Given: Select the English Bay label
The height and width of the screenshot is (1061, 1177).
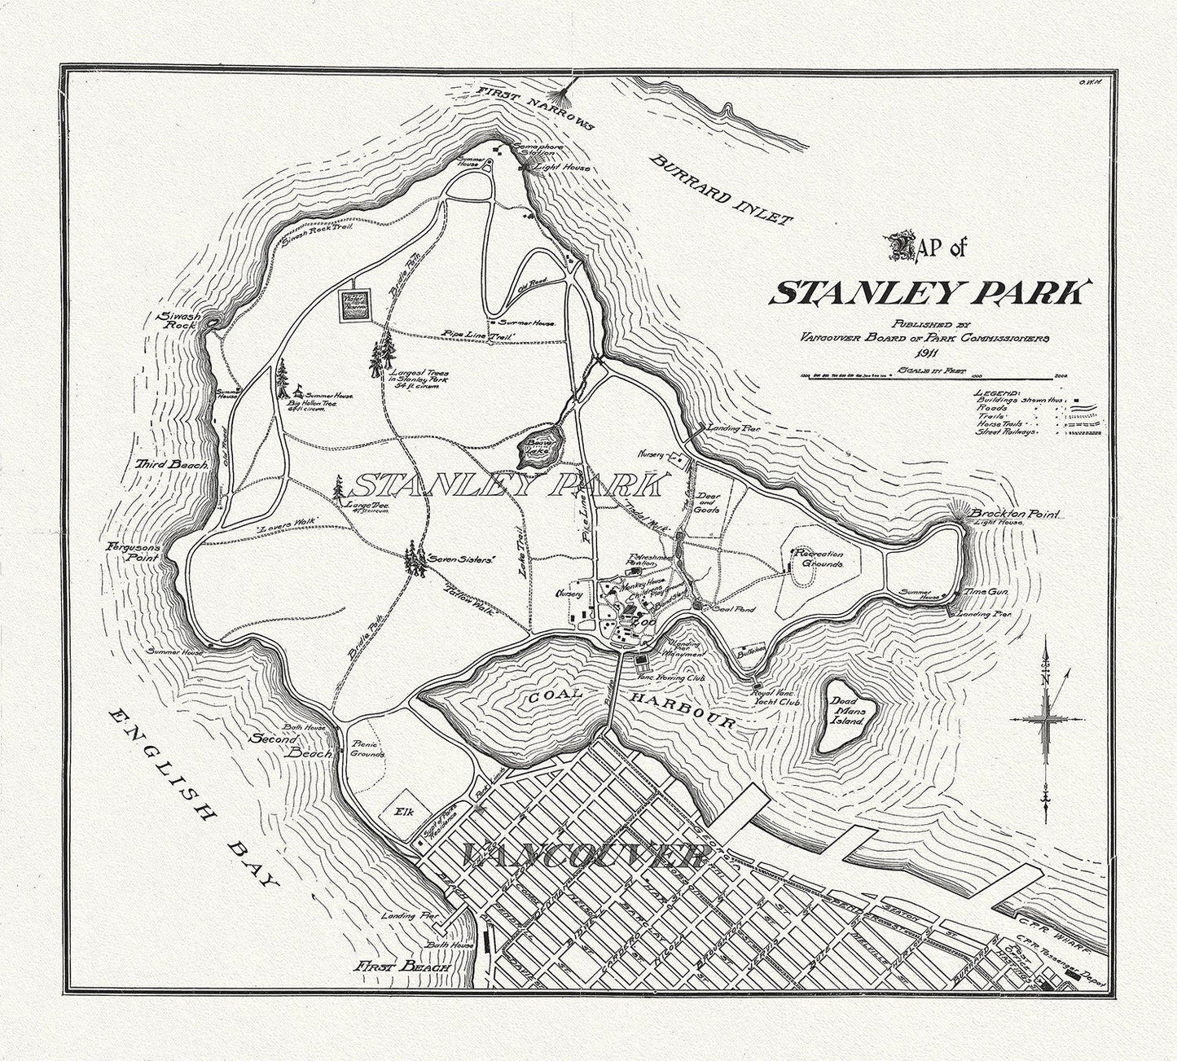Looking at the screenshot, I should tap(195, 799).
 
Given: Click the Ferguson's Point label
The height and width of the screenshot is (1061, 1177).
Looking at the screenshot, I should tap(134, 554).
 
